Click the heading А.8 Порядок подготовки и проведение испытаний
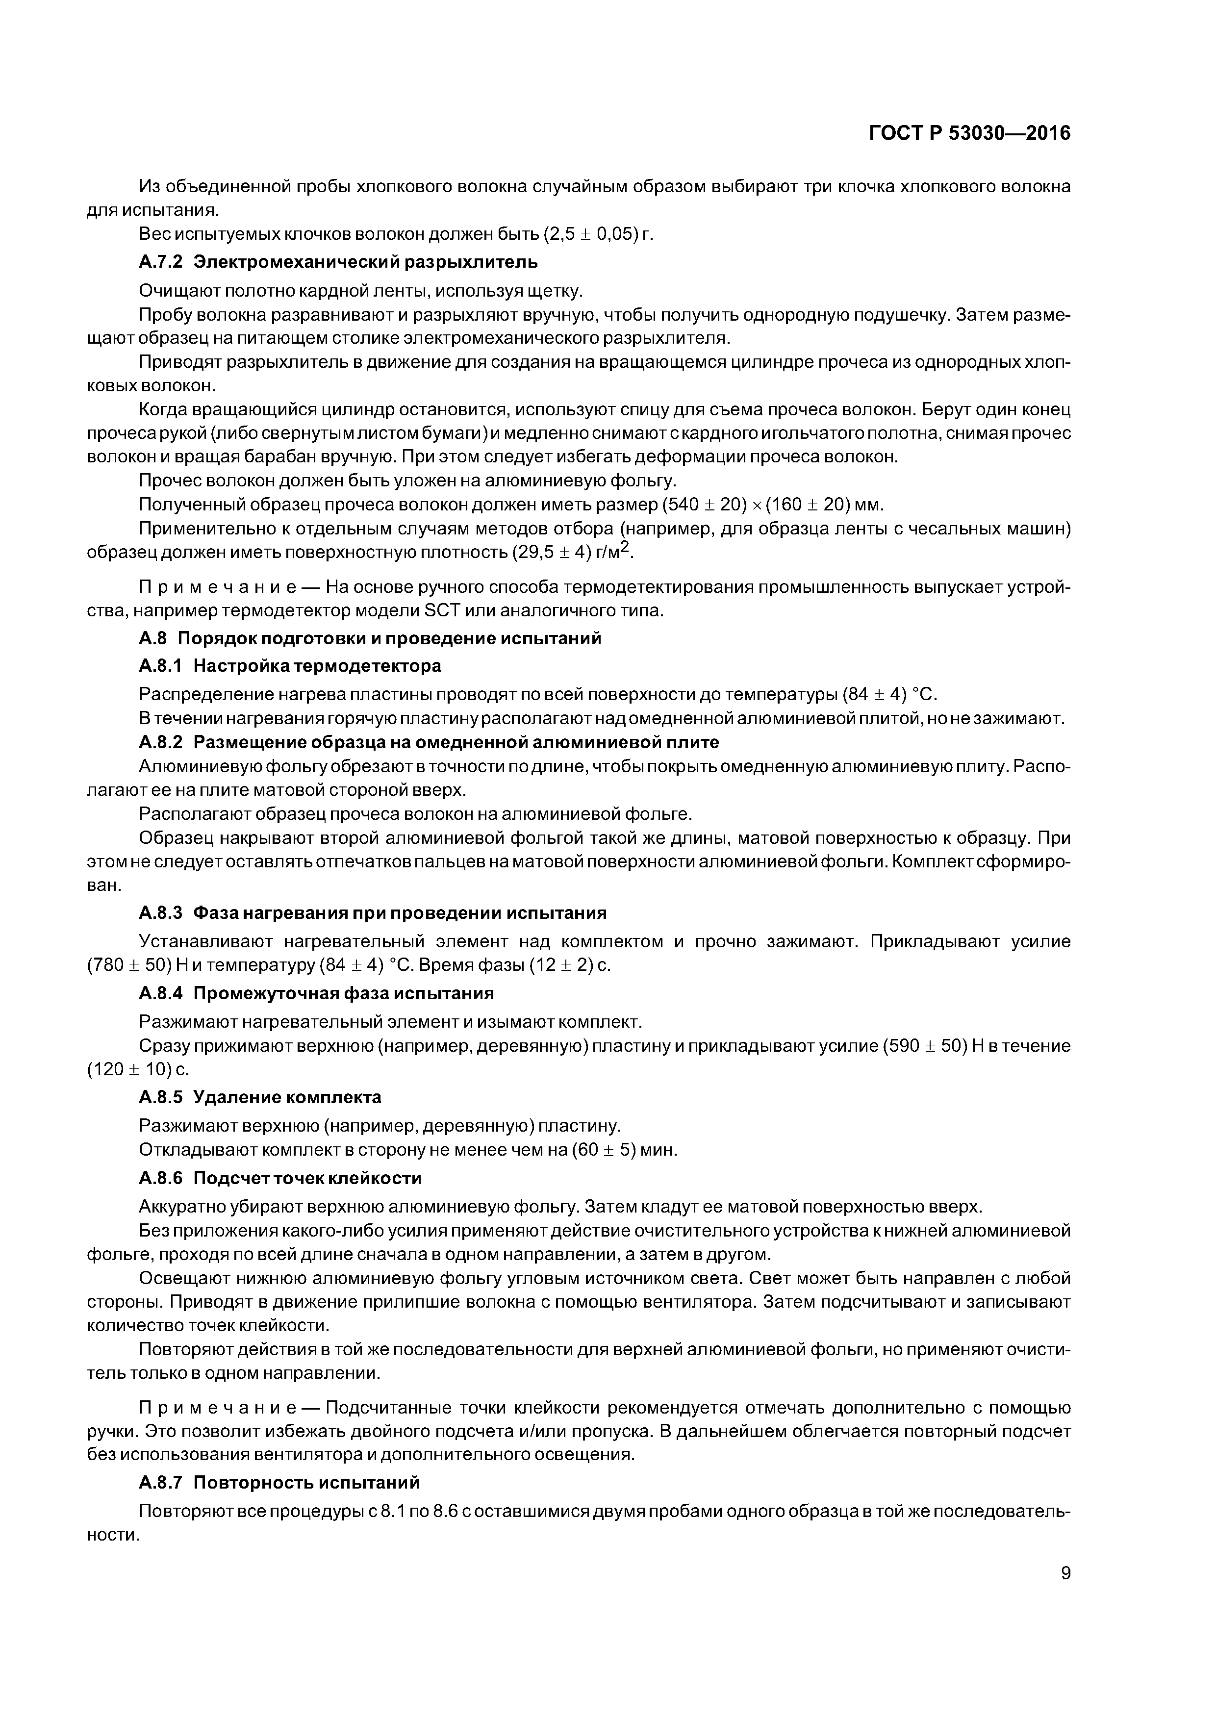370,638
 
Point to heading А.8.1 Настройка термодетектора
290,665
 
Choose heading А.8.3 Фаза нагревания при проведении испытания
372,913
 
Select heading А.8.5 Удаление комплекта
260,1097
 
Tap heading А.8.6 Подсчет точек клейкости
280,1178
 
